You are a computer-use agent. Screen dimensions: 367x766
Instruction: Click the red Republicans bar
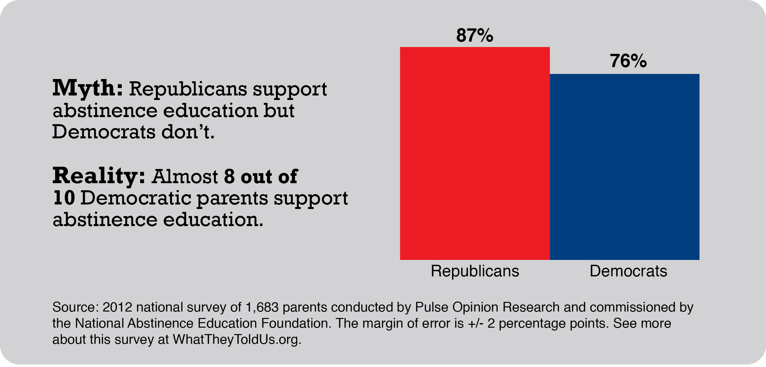point(475,153)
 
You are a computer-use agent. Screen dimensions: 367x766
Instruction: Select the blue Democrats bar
point(625,167)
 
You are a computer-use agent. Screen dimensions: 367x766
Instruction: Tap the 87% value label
point(475,35)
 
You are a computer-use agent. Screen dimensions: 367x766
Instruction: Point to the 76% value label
point(628,61)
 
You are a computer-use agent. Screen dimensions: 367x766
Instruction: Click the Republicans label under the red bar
point(475,271)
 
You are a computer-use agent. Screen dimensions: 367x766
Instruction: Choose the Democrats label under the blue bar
point(628,271)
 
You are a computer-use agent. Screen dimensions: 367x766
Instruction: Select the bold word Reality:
point(99,176)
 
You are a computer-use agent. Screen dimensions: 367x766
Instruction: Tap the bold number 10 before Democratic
point(64,198)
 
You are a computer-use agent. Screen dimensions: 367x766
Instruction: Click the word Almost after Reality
point(185,177)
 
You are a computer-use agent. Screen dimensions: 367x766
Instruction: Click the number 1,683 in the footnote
point(262,307)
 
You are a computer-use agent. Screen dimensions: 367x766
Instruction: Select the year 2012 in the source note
point(117,307)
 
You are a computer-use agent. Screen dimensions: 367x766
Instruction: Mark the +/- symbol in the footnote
point(475,323)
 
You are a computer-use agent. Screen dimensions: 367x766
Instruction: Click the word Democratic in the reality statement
point(136,198)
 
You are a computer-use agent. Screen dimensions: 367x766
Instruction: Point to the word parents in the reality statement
point(232,198)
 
